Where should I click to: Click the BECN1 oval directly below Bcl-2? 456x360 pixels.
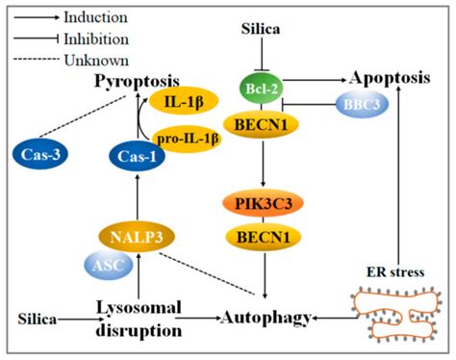(260, 124)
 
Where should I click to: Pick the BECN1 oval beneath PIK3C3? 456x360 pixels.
(260, 234)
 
